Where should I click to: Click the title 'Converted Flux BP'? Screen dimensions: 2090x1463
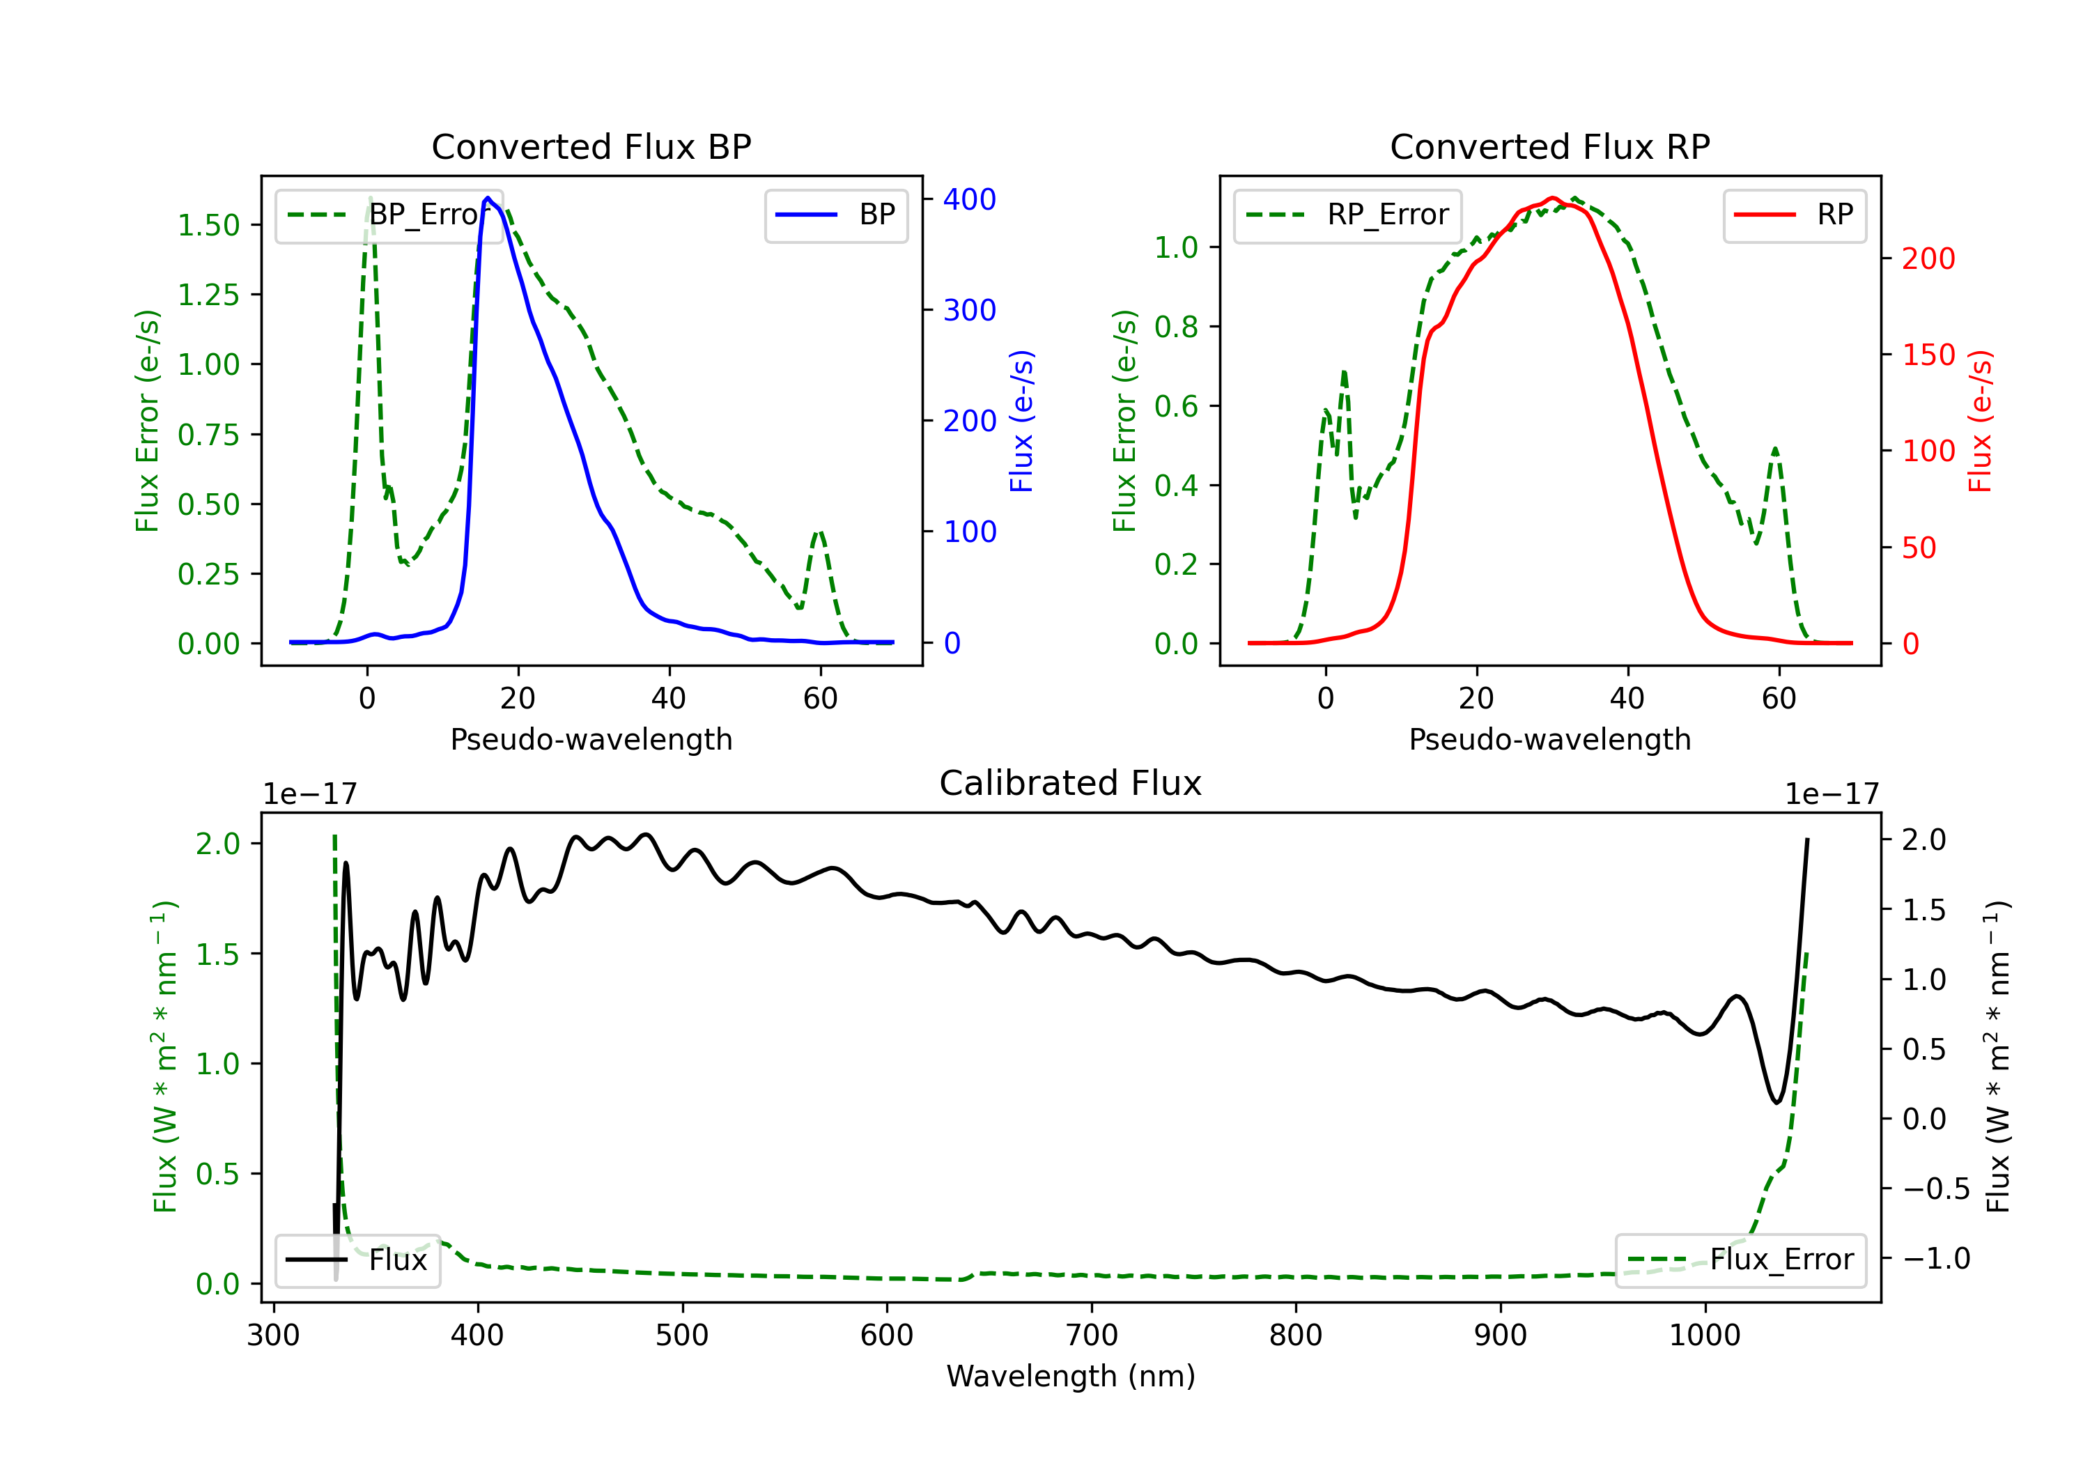[x=591, y=146]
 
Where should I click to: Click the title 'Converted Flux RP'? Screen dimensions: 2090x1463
[x=1549, y=146]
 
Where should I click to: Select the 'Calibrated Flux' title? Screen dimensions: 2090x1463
[x=1071, y=783]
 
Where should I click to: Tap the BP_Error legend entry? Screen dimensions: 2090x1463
[x=389, y=215]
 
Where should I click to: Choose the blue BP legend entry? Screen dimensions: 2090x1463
[x=835, y=215]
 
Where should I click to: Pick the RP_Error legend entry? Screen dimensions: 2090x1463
[x=1347, y=215]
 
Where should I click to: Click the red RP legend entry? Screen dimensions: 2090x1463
[x=1794, y=215]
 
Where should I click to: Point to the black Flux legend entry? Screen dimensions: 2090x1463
[x=357, y=1260]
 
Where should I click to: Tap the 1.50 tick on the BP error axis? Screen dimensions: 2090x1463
[x=208, y=225]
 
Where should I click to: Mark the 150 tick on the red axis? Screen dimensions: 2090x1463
[x=1928, y=354]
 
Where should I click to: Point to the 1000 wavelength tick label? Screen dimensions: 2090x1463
[x=1704, y=1335]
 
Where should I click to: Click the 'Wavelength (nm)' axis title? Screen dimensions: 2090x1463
[x=1071, y=1376]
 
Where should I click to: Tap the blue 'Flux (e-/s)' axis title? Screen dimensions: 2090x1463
[x=1021, y=421]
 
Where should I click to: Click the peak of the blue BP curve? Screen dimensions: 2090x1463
[x=488, y=198]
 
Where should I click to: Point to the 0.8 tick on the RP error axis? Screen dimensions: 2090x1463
[x=1176, y=326]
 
